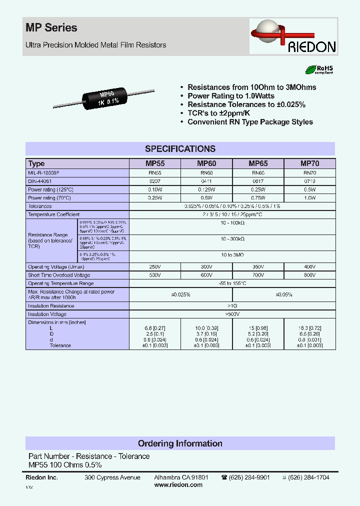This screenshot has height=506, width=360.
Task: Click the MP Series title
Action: coord(51,28)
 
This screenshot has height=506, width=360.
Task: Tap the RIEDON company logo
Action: coord(294,38)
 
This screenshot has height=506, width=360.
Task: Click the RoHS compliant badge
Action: coord(319,70)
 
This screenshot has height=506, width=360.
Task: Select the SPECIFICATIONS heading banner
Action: coord(180,149)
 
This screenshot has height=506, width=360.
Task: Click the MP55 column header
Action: coord(155,163)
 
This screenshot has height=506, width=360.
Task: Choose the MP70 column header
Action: coord(309,163)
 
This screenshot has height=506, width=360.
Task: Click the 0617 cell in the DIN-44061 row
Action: coord(258,181)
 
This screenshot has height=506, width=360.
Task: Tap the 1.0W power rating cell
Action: coord(309,198)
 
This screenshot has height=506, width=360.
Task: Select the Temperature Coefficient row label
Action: coord(54,214)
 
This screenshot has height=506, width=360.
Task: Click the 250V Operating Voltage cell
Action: coord(155,266)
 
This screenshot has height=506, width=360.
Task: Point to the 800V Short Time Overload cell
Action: coord(309,275)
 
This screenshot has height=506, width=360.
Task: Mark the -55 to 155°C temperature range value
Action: coord(232,283)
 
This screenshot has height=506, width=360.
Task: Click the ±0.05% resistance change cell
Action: coord(283,295)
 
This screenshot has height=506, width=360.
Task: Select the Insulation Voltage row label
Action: coord(47,314)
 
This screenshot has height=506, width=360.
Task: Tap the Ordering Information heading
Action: coord(180,443)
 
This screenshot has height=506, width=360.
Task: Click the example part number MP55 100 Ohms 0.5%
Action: coord(65,465)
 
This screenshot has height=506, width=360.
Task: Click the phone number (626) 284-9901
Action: coord(249,477)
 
